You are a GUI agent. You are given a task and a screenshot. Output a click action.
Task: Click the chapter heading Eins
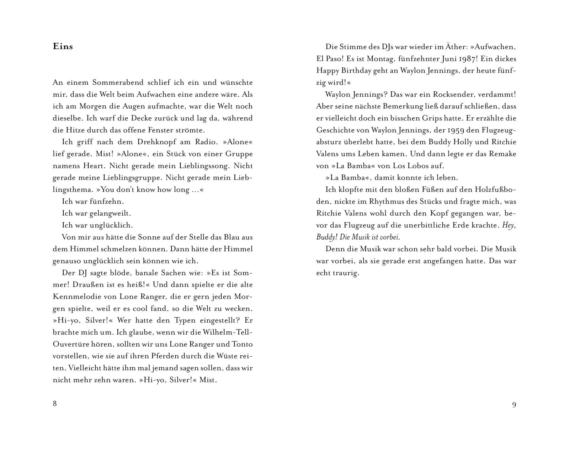pyautogui.click(x=63, y=47)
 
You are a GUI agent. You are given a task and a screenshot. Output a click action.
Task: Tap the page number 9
pyautogui.click(x=514, y=405)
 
